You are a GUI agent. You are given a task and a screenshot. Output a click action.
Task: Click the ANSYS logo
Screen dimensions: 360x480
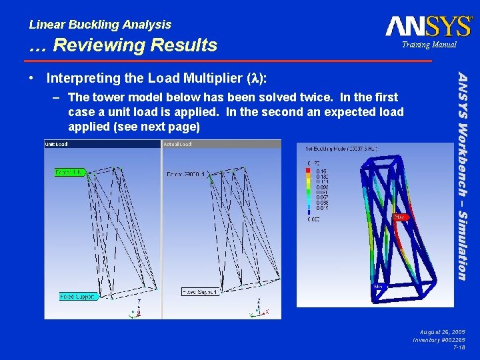tap(429, 26)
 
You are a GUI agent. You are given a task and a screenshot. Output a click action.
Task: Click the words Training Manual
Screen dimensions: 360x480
tap(428, 45)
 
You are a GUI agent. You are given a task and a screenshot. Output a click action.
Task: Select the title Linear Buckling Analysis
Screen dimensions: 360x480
tap(100, 25)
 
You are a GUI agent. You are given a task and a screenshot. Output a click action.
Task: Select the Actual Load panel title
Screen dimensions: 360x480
tap(177, 144)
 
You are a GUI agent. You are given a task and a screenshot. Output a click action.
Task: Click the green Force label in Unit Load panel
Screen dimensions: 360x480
tap(69, 172)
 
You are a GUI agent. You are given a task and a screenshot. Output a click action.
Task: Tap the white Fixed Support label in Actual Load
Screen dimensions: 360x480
tap(201, 291)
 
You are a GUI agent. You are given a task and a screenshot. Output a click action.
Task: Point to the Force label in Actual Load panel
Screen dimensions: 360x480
tap(187, 175)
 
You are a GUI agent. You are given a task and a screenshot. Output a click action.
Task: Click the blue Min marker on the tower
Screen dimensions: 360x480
tap(378, 287)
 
